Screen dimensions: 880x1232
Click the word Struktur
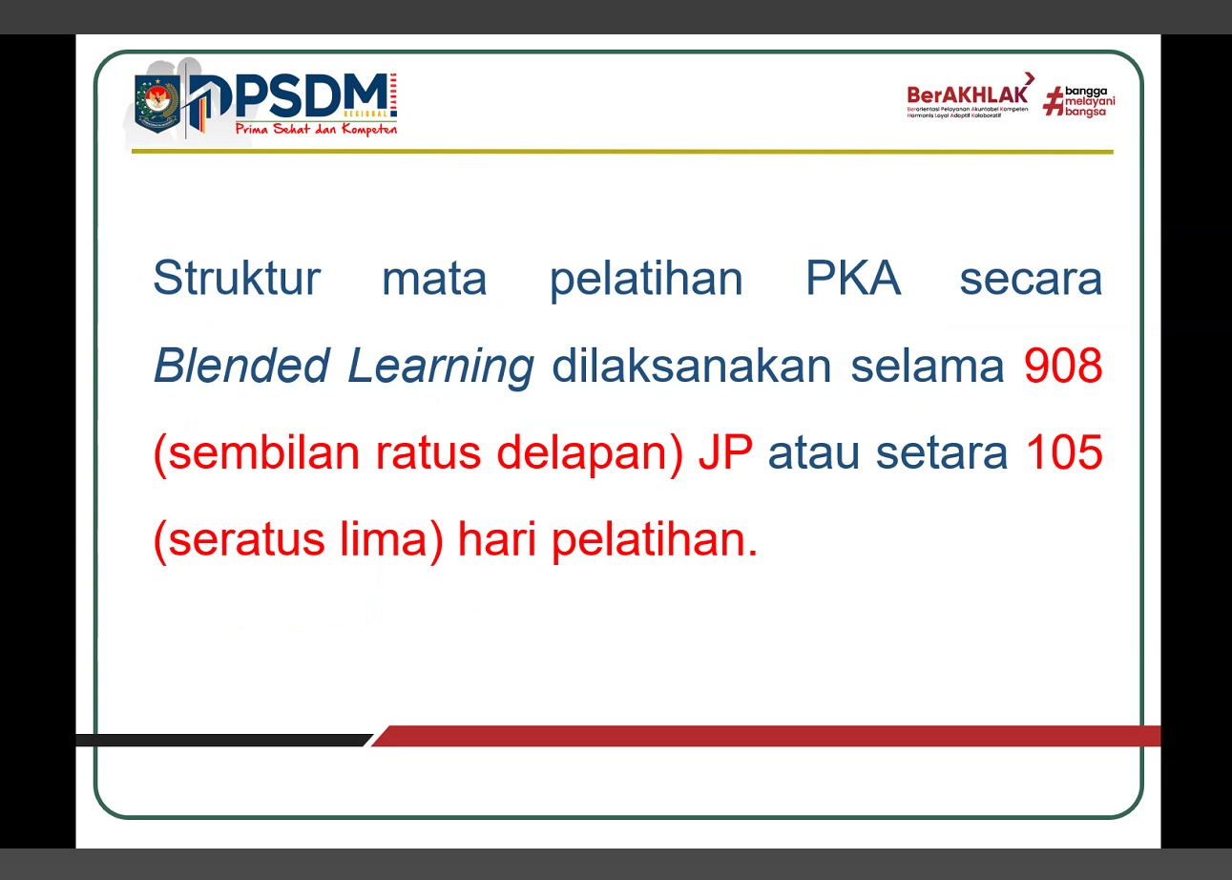(x=236, y=279)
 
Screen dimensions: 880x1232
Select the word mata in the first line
(x=434, y=279)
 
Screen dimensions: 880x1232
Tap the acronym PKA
(x=853, y=279)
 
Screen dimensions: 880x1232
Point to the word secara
(x=1031, y=279)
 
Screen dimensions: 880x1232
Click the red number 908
(x=1063, y=367)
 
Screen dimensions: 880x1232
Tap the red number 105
(x=1063, y=453)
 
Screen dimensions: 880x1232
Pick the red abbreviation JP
(x=725, y=453)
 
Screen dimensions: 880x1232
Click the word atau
(x=814, y=453)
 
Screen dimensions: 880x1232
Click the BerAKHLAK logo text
(x=968, y=94)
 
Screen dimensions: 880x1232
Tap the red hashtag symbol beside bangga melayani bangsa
(x=1053, y=100)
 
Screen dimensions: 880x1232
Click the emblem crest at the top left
(x=157, y=102)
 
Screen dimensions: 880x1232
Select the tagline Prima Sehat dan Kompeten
(x=315, y=129)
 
